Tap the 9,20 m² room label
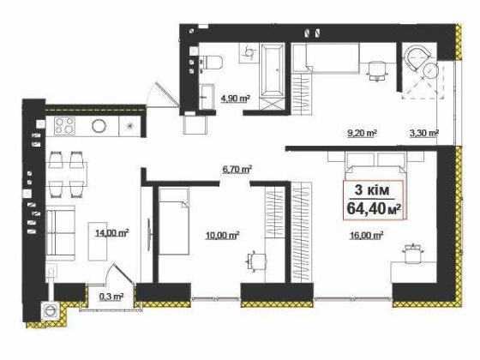pyautogui.click(x=364, y=134)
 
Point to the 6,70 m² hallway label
pyautogui.click(x=237, y=171)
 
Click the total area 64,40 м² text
pyautogui.click(x=375, y=207)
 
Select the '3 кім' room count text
pyautogui.click(x=375, y=191)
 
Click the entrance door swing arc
pyautogui.click(x=159, y=93)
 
